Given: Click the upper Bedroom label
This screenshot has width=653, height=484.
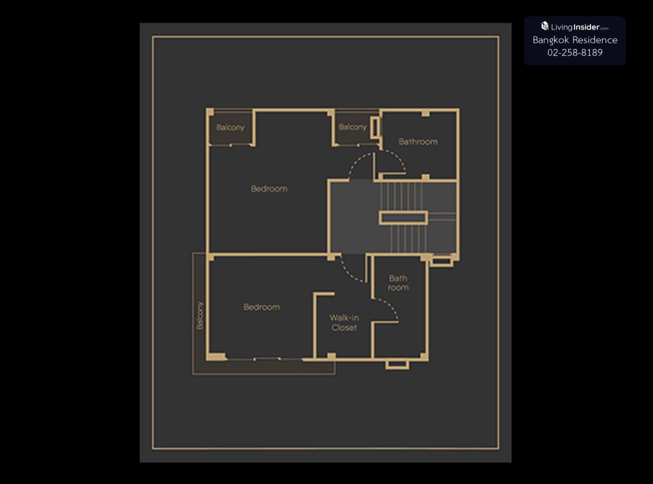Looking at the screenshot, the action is point(269,189).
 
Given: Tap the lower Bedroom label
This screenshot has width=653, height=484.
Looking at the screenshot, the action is point(262,307).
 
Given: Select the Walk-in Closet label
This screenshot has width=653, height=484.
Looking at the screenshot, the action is point(344,323).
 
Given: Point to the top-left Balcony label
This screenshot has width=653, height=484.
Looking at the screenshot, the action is point(230,127).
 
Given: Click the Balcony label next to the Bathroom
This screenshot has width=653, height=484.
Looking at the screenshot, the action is point(353,127).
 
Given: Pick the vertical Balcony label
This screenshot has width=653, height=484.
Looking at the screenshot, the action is point(200,315).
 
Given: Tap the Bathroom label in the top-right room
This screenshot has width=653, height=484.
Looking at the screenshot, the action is point(418,142).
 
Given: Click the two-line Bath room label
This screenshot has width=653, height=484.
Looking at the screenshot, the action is point(398,283).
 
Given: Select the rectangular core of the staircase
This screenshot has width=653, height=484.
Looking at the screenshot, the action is point(403,218).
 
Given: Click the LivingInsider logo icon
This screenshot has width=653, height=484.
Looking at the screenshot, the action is point(545,26).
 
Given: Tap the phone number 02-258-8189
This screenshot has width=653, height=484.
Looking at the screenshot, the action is point(575,52).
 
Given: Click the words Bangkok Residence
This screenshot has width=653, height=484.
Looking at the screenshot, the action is point(575,40).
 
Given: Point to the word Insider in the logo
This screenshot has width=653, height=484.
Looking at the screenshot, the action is point(587,27).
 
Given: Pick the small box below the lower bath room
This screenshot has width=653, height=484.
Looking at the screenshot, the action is point(397,365).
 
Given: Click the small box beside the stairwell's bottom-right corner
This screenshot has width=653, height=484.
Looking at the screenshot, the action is point(442,262).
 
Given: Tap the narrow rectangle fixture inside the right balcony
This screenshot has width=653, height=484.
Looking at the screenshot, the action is point(375,128).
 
